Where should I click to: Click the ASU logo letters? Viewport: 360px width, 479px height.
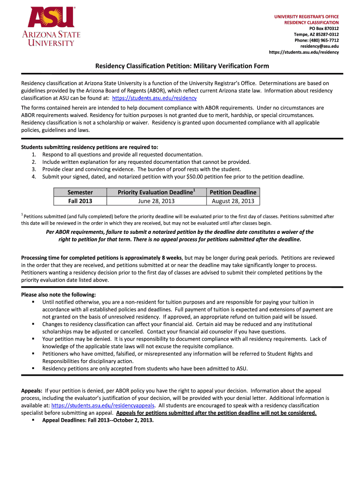(x=51, y=18)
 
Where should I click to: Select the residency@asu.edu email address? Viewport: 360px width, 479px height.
(x=319, y=46)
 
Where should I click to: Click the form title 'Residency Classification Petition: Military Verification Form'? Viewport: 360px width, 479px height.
(x=180, y=66)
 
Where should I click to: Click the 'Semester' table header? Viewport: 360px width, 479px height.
(x=80, y=192)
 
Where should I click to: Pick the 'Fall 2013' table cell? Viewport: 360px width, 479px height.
(x=80, y=201)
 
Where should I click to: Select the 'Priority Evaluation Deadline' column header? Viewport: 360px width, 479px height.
(x=156, y=192)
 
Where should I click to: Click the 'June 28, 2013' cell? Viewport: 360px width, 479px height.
(x=156, y=201)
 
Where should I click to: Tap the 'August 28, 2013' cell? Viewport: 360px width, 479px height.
(x=233, y=201)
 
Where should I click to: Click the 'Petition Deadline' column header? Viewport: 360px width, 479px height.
(x=233, y=192)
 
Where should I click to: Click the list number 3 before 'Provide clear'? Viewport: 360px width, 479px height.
(x=34, y=169)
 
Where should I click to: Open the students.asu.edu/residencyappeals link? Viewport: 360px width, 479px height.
(x=103, y=406)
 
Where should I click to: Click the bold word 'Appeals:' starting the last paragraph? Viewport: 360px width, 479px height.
(x=32, y=391)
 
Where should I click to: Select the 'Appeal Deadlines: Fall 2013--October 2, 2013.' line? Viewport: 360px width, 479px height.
(x=98, y=420)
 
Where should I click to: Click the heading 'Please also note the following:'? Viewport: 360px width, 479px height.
(x=58, y=295)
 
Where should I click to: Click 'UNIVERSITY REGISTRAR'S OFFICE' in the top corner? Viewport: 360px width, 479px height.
(x=306, y=17)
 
